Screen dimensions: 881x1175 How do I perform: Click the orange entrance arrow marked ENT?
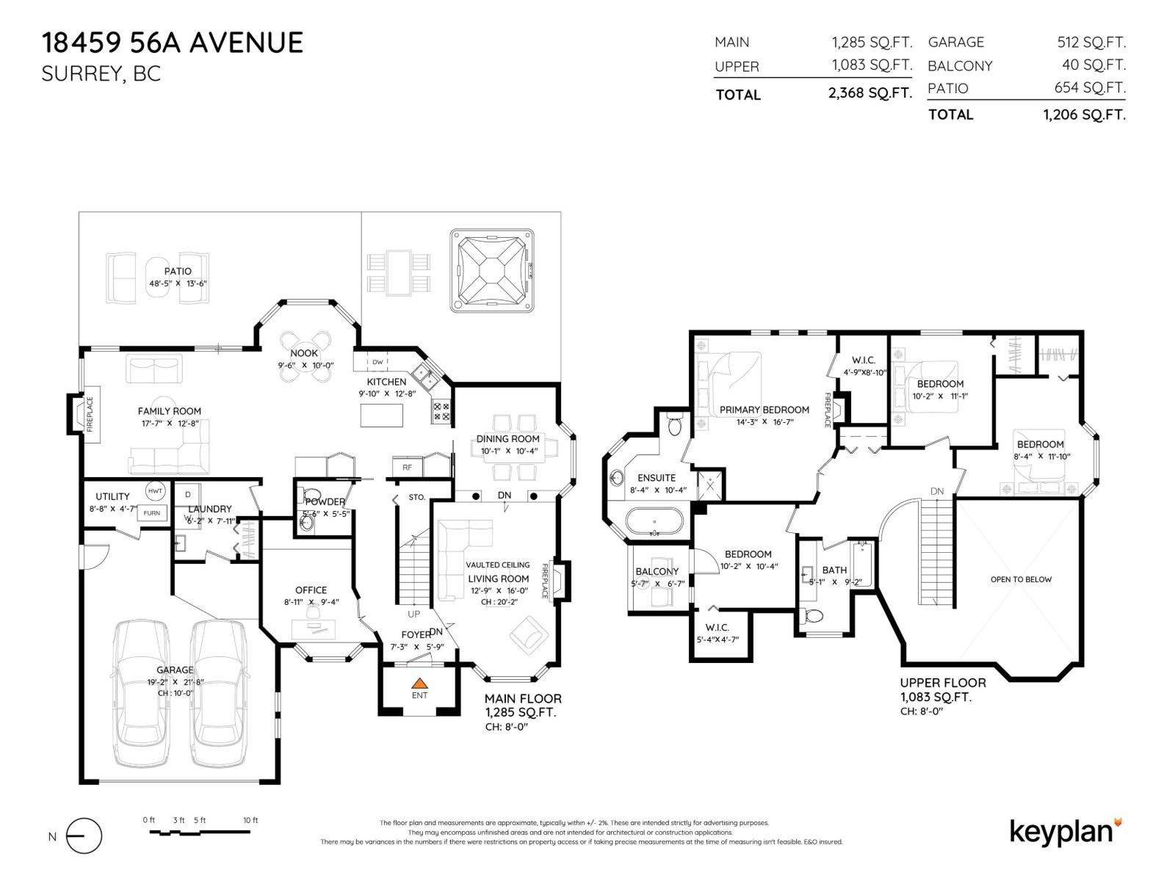pos(419,683)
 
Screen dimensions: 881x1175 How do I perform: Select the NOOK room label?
pos(304,353)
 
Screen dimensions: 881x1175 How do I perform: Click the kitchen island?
pos(381,416)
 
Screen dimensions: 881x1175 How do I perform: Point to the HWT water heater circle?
pos(155,491)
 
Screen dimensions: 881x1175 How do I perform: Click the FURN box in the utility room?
pos(151,512)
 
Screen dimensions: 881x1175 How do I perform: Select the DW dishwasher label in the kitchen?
pos(377,362)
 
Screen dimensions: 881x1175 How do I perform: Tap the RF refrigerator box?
pos(407,467)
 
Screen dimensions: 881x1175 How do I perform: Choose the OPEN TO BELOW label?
pos(1021,579)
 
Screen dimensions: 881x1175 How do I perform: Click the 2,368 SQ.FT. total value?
pos(870,93)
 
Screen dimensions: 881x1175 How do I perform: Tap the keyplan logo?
pos(1065,831)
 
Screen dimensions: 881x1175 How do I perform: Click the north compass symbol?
pos(83,836)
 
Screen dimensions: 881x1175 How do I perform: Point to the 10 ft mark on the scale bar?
pos(250,820)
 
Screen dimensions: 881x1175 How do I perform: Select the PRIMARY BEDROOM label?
pos(764,410)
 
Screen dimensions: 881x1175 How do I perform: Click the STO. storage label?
pos(416,497)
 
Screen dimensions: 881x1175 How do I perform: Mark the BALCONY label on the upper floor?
pos(657,571)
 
